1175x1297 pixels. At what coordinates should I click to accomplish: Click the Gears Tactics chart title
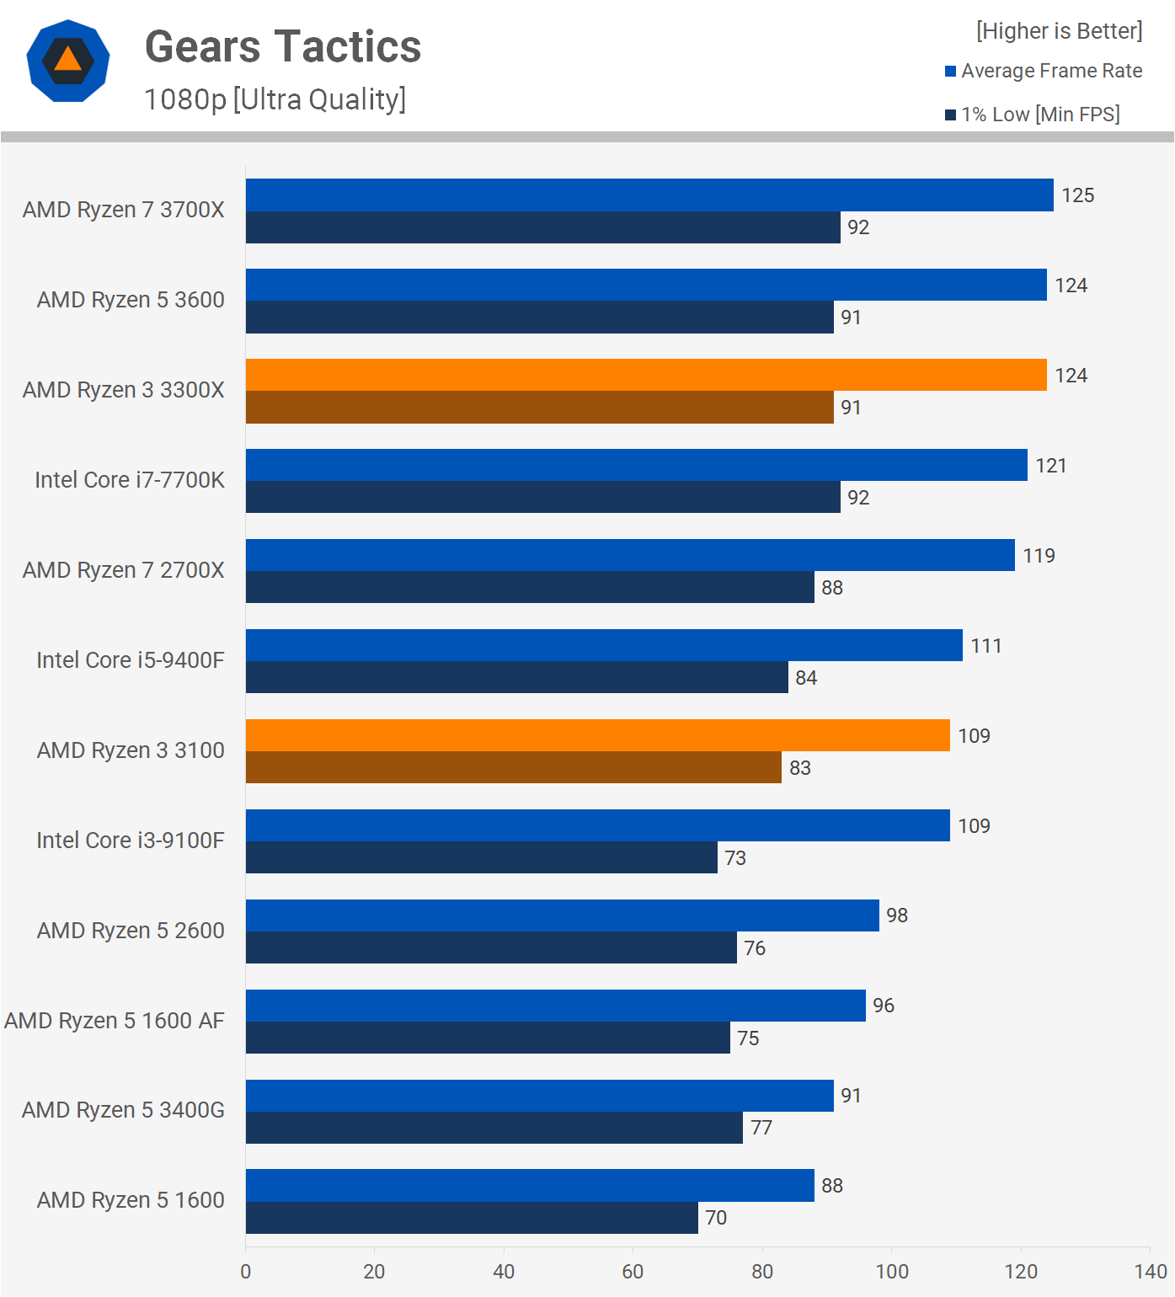pos(283,47)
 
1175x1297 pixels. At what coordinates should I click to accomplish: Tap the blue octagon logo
pos(68,61)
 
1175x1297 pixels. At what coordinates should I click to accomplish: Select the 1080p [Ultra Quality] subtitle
pos(275,99)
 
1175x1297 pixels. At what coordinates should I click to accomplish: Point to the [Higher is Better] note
pos(1059,31)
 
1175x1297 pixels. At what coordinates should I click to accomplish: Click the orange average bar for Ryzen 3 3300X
pos(645,375)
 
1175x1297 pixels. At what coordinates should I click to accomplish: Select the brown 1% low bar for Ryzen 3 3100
pos(513,767)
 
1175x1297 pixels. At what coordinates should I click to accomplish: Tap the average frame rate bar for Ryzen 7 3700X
pos(649,195)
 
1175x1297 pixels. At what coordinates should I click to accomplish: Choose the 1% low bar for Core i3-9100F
pos(481,857)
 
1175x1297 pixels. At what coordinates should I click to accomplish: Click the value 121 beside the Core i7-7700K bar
pos(1050,466)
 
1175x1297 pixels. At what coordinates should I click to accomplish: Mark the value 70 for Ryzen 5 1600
pos(716,1218)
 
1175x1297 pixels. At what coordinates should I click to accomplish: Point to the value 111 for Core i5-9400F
pos(985,646)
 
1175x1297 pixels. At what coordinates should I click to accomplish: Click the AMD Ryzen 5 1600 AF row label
pos(115,1021)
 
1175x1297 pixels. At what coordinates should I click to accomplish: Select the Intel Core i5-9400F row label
pos(131,660)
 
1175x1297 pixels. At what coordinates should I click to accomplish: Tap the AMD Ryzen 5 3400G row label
pos(123,1110)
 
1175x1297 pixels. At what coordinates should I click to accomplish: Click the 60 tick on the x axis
pos(633,1272)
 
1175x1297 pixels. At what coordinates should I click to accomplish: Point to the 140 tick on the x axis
pos(1151,1272)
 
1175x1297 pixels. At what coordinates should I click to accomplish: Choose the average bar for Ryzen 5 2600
pos(562,915)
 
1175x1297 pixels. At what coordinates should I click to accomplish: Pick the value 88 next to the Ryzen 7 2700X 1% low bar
pos(831,588)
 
